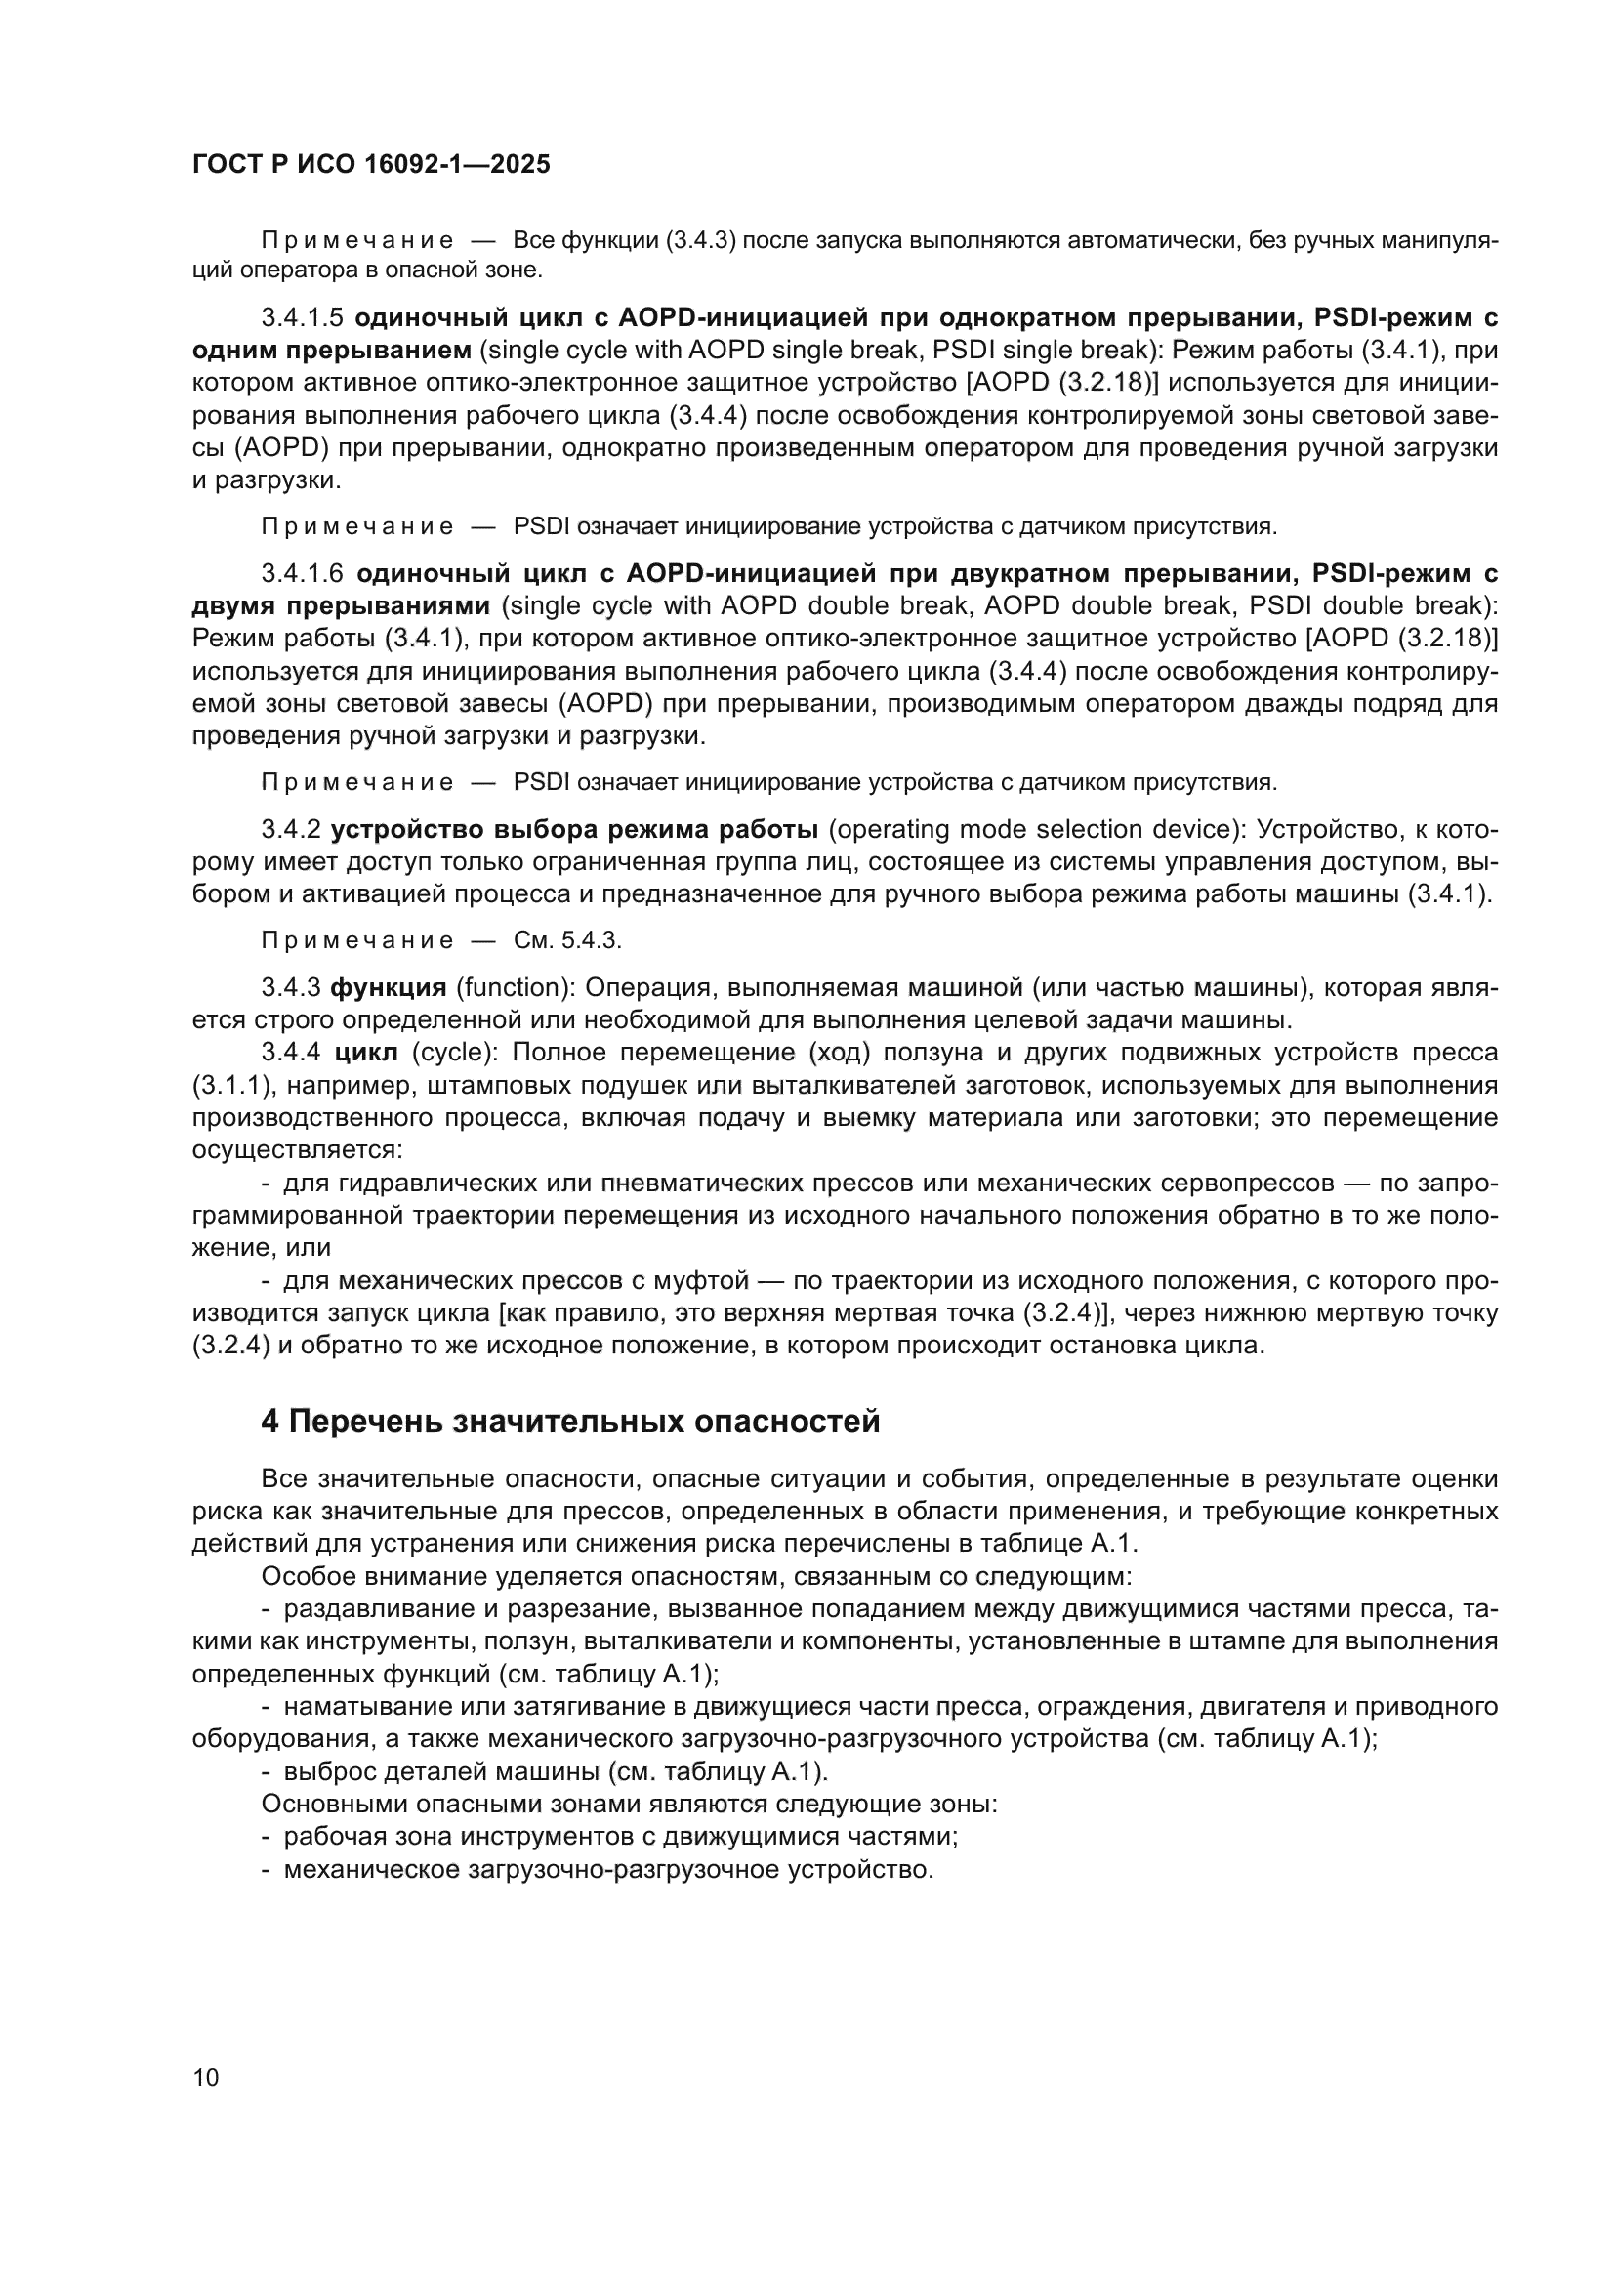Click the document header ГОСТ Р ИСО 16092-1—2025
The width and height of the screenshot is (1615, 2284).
pos(371,165)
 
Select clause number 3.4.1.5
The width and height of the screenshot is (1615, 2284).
pos(302,317)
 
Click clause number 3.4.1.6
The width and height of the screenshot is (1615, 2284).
pos(302,574)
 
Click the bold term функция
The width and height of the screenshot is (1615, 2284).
pos(388,988)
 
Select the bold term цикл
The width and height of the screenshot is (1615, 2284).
pos(366,1053)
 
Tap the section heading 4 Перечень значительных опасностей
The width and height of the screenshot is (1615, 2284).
pos(570,1422)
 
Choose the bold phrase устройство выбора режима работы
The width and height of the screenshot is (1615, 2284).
pos(574,830)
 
